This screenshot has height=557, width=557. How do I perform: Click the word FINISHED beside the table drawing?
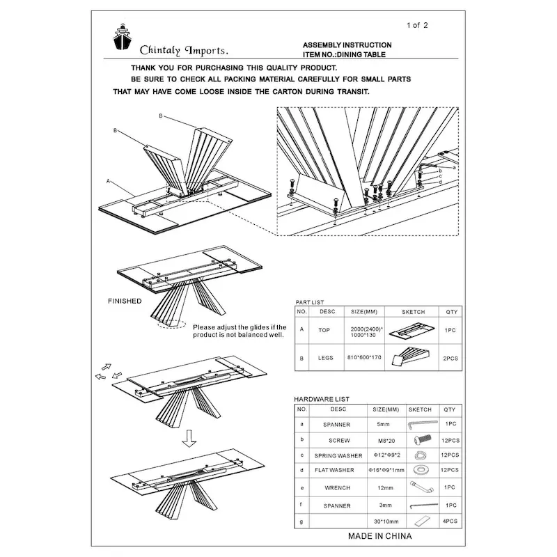coord(125,301)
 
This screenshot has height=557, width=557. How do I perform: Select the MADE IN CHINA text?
coord(379,536)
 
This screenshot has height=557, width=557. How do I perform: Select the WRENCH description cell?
coord(337,488)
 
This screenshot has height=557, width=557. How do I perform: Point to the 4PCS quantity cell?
coord(449,521)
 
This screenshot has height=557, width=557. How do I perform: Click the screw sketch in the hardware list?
coord(419,440)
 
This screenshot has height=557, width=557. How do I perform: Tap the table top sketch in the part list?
coord(409,330)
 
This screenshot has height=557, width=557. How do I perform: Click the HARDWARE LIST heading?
coord(322,399)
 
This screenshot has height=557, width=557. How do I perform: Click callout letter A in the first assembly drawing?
coord(109,180)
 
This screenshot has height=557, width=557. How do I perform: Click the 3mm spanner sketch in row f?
coord(419,505)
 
